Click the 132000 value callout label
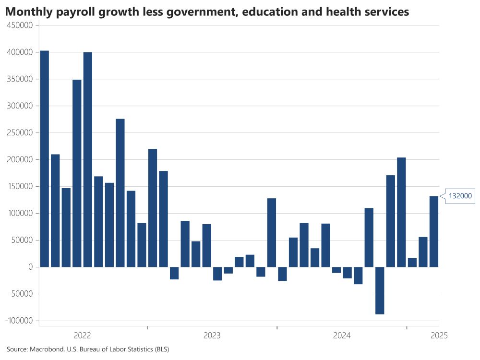click(x=460, y=196)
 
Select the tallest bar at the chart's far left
click(x=44, y=158)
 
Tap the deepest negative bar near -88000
click(x=380, y=290)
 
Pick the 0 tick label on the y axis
click(x=29, y=267)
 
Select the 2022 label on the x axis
click(x=83, y=335)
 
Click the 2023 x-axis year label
click(x=213, y=335)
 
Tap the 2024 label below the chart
click(x=342, y=335)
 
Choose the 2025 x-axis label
click(x=439, y=335)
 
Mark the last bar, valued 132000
click(x=434, y=231)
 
